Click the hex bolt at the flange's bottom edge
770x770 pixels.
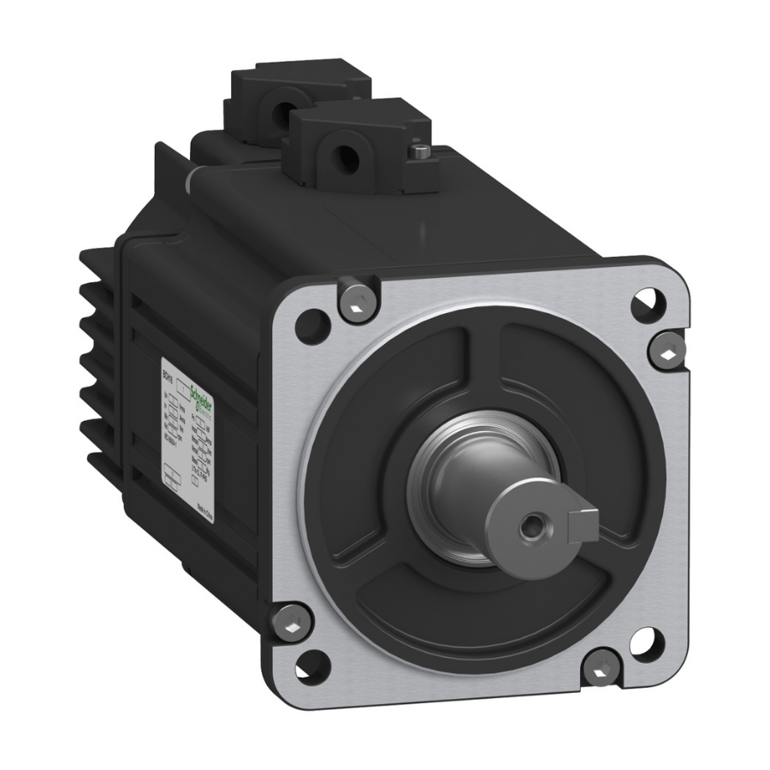pos(604,664)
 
